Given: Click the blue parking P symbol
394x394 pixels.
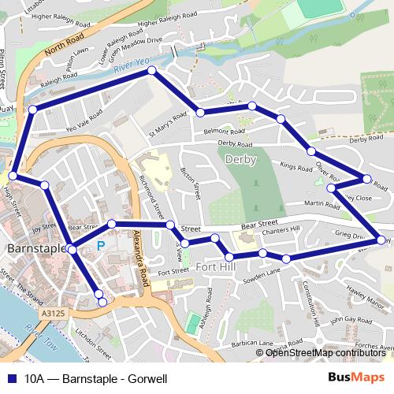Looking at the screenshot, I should (100, 246).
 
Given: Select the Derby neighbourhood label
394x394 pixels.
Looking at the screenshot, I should (240, 158).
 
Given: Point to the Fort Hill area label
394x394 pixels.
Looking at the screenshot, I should (214, 267).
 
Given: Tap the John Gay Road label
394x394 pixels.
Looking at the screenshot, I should (348, 320).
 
